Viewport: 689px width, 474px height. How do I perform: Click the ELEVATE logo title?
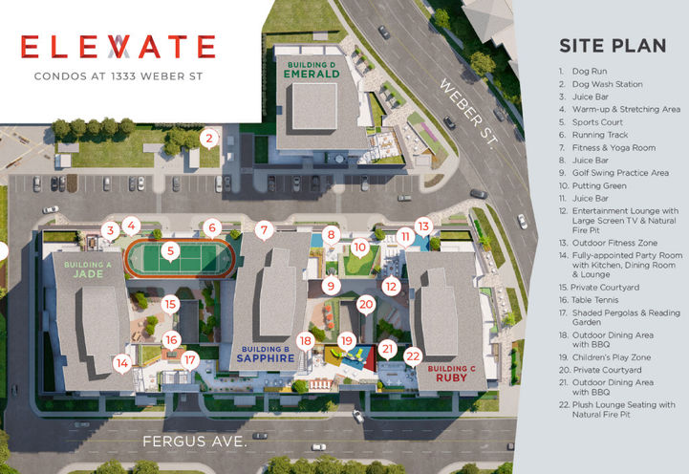(x=118, y=47)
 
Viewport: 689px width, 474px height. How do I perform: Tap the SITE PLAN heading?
(x=607, y=46)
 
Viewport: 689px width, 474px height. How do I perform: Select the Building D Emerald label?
(x=312, y=70)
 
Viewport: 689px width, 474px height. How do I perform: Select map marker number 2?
(x=208, y=138)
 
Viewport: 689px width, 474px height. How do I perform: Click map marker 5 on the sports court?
(x=169, y=252)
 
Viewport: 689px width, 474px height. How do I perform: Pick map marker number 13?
(x=423, y=226)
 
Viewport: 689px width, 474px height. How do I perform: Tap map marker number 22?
(x=413, y=355)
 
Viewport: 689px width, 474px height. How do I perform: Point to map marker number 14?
(x=121, y=362)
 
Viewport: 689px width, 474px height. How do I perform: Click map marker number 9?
(x=331, y=285)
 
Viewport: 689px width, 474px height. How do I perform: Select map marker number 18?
(x=305, y=341)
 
